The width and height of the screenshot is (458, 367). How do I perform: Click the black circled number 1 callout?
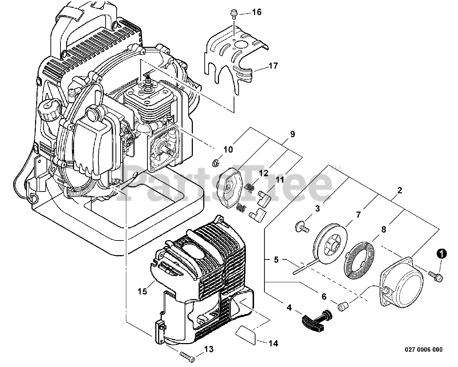click(442, 254)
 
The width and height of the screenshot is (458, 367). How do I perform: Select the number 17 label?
click(273, 66)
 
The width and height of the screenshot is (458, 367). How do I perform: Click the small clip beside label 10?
click(216, 164)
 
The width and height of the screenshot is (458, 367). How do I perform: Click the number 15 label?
click(142, 291)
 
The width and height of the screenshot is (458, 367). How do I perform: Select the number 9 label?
click(293, 134)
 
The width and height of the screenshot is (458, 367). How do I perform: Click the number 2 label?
click(400, 190)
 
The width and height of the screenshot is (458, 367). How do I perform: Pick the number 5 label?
click(276, 259)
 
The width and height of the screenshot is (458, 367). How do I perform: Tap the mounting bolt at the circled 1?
click(436, 277)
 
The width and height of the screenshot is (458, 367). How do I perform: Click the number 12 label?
click(264, 173)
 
